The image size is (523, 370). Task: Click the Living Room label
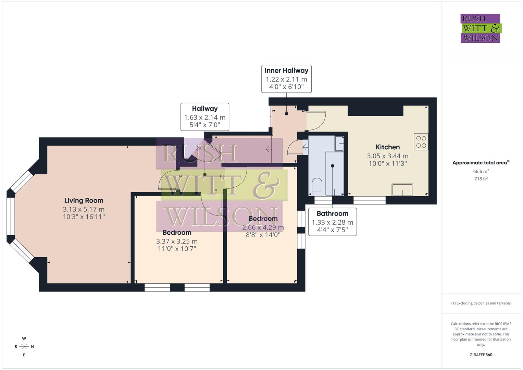[84, 200]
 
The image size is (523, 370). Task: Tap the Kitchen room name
[387, 147]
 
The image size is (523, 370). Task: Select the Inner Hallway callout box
[286, 79]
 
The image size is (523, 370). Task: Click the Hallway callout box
[205, 117]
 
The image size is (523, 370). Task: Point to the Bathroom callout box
[332, 222]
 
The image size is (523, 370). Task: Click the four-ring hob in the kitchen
[421, 142]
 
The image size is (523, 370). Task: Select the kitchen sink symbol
[402, 190]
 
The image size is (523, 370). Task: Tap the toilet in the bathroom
[317, 186]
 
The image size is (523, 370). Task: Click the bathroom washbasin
[340, 143]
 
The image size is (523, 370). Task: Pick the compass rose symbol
[24, 347]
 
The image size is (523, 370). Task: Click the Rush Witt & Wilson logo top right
[480, 28]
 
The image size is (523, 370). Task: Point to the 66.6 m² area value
[481, 171]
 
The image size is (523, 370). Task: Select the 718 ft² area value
[481, 179]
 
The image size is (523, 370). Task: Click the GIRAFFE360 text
[481, 355]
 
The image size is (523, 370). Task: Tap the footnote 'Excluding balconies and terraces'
[481, 303]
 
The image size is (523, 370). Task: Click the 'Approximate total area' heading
[481, 163]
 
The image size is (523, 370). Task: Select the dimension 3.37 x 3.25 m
[177, 241]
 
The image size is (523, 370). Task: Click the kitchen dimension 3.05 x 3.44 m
[387, 156]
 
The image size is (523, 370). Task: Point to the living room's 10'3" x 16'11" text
[84, 217]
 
